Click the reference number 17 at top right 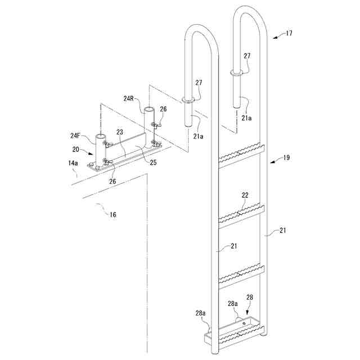(x=289, y=34)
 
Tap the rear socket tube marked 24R (x=148, y=121)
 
